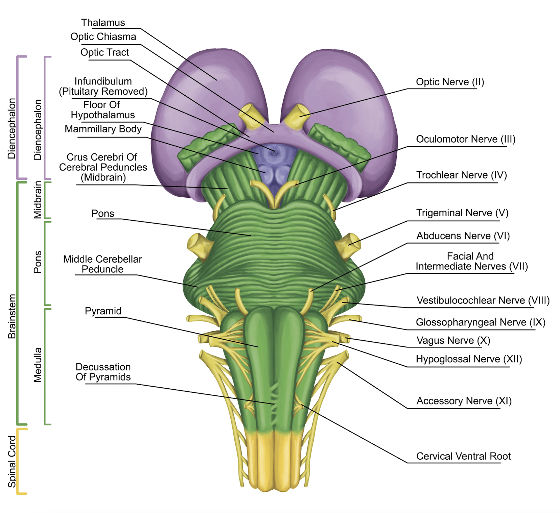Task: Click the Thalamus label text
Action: (103, 23)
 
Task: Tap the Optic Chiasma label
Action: (103, 36)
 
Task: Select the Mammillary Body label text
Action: (103, 129)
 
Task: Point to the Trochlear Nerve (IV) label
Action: (461, 175)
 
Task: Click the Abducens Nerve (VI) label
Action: (463, 236)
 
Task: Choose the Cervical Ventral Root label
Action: (463, 456)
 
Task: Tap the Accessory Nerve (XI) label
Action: (464, 401)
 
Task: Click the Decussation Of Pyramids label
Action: (103, 372)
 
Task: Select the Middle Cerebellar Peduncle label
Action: (102, 264)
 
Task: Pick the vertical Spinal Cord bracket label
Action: (12, 461)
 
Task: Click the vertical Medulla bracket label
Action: (38, 365)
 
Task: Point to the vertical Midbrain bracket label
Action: (38, 200)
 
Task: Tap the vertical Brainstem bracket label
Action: (12, 316)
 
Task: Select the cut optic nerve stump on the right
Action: (298, 115)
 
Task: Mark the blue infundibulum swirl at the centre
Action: (273, 153)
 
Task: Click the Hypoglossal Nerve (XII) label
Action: (469, 359)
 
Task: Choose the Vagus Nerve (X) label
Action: (453, 340)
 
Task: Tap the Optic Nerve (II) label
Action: (450, 82)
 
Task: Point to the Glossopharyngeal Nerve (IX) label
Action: (480, 322)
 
